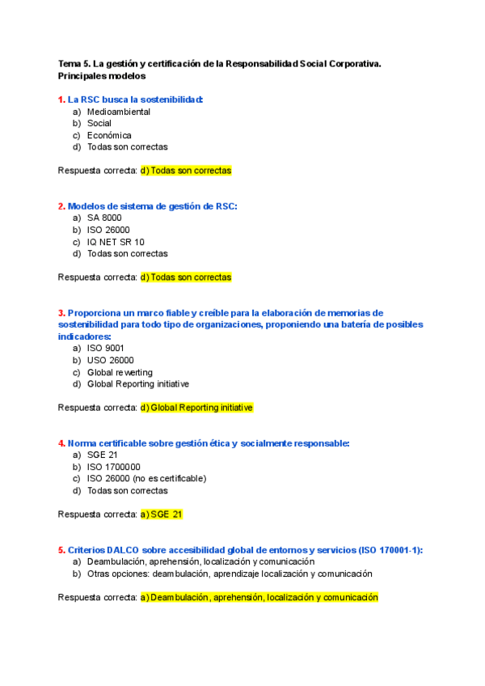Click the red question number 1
[x=61, y=100]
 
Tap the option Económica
[x=109, y=135]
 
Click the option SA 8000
[x=104, y=218]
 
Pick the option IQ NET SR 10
[x=116, y=242]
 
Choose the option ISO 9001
[x=106, y=349]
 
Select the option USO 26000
[x=111, y=361]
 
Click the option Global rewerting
[x=120, y=372]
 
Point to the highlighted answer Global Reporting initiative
[x=196, y=408]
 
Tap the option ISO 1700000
[x=113, y=467]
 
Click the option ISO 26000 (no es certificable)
[x=146, y=479]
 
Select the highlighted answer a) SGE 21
[x=167, y=514]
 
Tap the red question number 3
[x=61, y=313]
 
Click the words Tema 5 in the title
[x=74, y=63]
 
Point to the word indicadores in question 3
[x=83, y=336]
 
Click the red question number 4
[x=61, y=443]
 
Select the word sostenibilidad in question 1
[x=171, y=100]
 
